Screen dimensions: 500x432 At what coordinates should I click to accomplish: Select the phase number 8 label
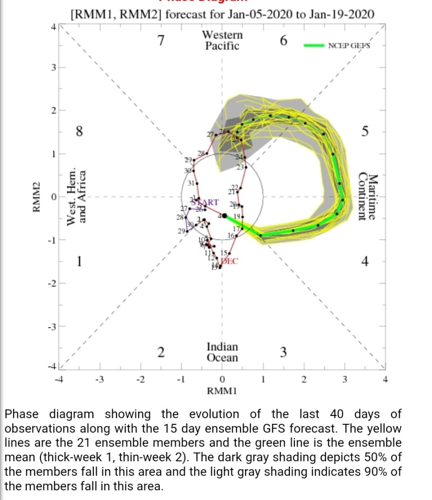click(79, 131)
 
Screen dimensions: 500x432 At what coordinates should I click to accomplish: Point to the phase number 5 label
click(365, 131)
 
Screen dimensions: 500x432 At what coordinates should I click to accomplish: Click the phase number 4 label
click(365, 261)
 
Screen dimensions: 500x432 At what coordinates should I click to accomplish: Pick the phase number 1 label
click(79, 261)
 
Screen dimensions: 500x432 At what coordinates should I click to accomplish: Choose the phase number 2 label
click(161, 352)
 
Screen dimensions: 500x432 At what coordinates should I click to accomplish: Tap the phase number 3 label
click(284, 352)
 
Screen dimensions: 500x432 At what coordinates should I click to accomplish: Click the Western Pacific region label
click(222, 41)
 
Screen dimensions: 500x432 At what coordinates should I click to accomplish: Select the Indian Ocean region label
click(222, 352)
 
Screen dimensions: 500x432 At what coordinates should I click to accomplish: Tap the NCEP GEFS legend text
click(350, 45)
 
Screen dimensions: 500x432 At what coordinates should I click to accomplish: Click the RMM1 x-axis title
click(222, 391)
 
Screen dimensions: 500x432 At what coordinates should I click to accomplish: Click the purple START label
click(205, 202)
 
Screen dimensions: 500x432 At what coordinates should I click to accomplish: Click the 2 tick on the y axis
click(54, 110)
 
